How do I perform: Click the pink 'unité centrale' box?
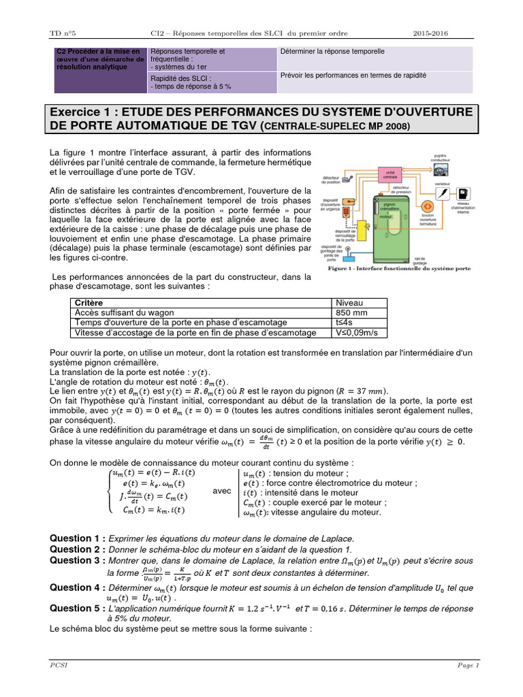click(390, 175)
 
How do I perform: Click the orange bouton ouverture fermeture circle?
click(428, 206)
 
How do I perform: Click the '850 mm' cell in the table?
click(351, 312)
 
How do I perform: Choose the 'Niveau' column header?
click(350, 302)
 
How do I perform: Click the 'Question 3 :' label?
click(78, 560)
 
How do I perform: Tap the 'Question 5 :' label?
click(78, 608)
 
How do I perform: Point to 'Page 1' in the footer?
click(468, 665)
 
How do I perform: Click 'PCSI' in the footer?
click(58, 665)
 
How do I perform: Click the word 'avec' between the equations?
click(222, 491)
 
